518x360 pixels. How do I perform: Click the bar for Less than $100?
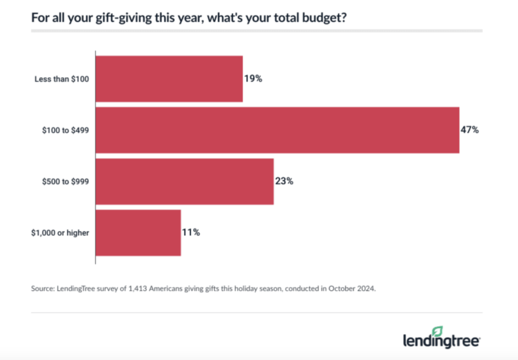click(x=169, y=79)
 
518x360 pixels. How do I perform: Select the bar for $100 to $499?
click(x=278, y=130)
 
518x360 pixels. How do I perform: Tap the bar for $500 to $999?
click(x=185, y=181)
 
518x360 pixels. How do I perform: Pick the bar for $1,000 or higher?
click(x=138, y=232)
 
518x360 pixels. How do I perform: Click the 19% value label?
click(x=254, y=79)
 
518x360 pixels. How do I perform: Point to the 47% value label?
click(x=470, y=130)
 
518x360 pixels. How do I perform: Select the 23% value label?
click(x=285, y=181)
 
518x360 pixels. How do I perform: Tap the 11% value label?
click(x=191, y=232)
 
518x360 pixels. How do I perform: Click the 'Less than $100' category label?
click(x=62, y=79)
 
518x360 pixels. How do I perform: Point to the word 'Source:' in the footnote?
click(x=44, y=288)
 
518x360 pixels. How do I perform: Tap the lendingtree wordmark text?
click(x=441, y=341)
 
